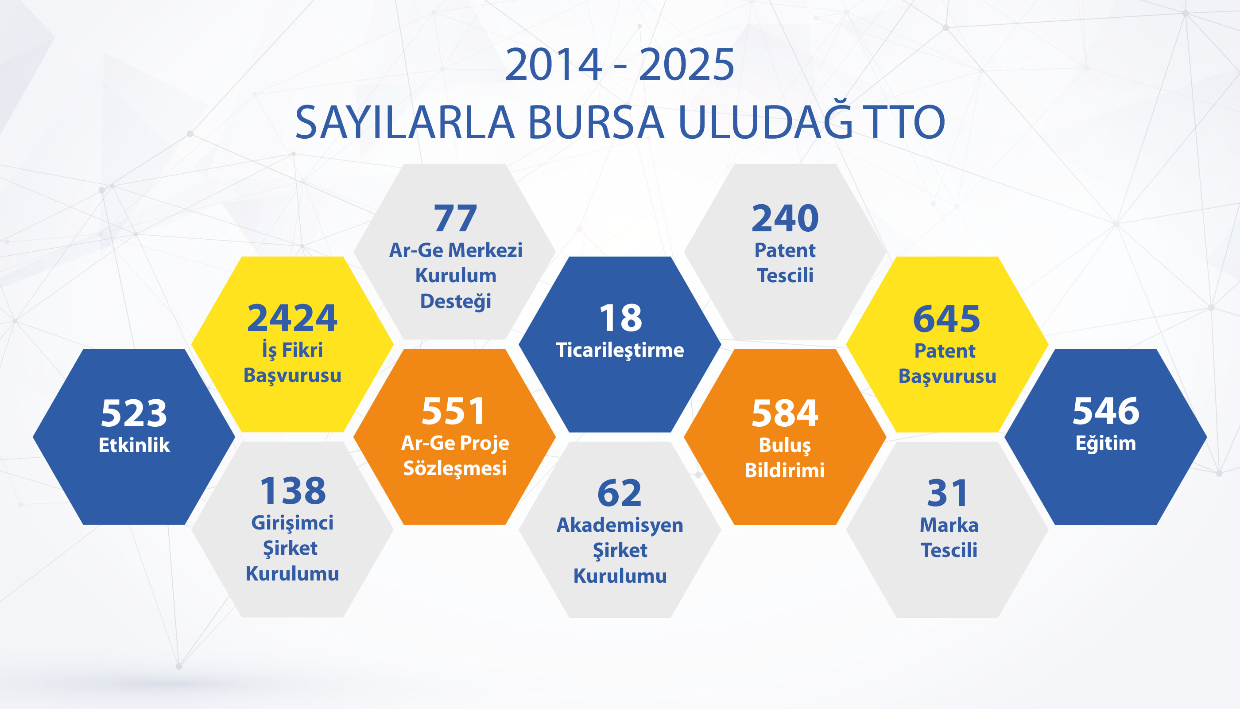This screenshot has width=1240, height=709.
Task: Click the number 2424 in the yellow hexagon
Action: coord(292,319)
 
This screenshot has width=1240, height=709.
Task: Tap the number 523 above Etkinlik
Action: coord(134,413)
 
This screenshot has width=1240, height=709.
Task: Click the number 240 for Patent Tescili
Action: coord(785,218)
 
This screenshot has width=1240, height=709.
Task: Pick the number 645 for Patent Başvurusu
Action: coord(946,319)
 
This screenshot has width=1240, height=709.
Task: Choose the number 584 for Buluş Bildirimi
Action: coord(785,413)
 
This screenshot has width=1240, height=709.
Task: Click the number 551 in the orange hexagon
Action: coord(453,412)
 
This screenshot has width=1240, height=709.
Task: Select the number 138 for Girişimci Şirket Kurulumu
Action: coord(293,491)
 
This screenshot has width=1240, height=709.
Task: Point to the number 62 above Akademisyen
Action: coord(620,493)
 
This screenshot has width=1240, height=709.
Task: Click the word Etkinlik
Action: coord(134,445)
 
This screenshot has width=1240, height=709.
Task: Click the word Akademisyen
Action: coord(620,525)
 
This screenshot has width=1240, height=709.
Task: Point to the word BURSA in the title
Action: coord(596,122)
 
